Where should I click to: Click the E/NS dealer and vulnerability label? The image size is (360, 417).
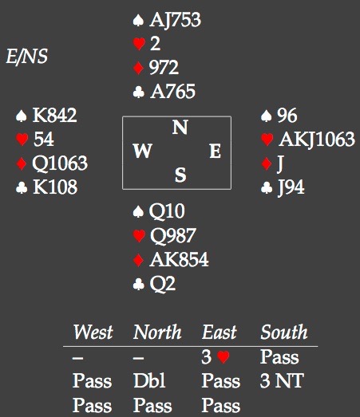coord(26,57)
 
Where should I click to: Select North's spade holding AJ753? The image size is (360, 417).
coord(175,20)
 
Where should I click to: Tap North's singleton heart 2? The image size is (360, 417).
coord(155,43)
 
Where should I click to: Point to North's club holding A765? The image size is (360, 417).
coord(172,91)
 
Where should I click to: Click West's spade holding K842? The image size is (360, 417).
coord(54,115)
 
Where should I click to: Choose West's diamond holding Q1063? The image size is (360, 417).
coord(60,163)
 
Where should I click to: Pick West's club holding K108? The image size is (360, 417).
coord(55,187)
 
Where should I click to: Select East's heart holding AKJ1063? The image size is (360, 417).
coord(317,139)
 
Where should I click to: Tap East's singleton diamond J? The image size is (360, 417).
coord(280,163)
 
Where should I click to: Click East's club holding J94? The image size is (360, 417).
coord(291,187)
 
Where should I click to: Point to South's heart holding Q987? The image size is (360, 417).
coord(173,236)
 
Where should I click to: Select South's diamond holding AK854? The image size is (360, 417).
coord(179,260)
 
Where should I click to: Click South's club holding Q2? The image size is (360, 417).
coord(162,284)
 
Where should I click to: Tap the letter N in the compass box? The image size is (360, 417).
coord(180,127)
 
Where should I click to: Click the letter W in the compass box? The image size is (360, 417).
coord(143,151)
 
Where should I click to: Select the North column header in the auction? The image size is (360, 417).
coord(157,332)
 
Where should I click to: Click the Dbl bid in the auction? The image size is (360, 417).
coord(149,380)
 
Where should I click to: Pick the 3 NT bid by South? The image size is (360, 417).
coord(282,380)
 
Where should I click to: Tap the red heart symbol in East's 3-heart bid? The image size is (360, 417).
coord(224,357)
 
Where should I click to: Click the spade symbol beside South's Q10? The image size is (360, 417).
coord(138,212)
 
